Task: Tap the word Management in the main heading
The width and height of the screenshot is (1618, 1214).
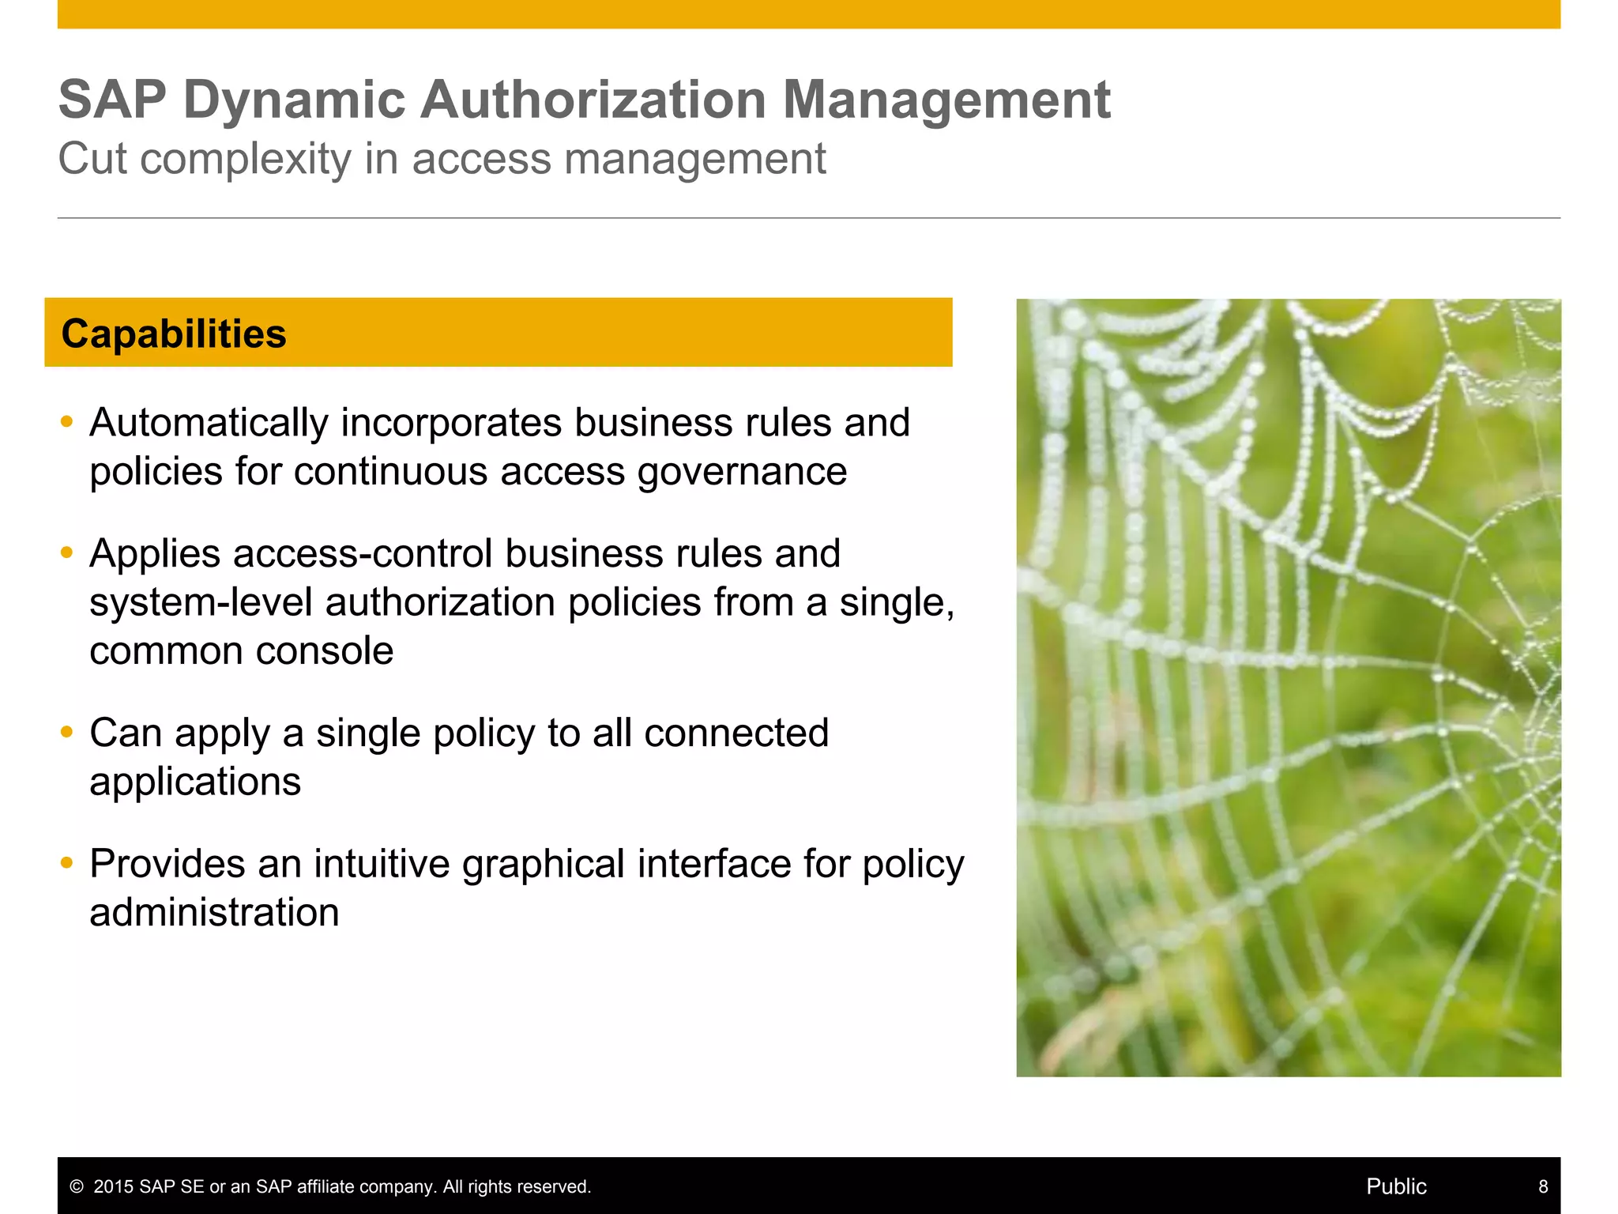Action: click(x=946, y=100)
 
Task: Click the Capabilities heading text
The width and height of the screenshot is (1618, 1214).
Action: click(x=174, y=334)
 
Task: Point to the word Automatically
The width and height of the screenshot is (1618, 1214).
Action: click(x=209, y=423)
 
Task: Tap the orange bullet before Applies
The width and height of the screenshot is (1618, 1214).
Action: click(x=67, y=552)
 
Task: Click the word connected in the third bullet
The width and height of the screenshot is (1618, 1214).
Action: click(x=736, y=733)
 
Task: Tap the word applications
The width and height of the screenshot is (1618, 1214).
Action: click(x=195, y=782)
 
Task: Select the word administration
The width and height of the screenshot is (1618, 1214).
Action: click(x=214, y=913)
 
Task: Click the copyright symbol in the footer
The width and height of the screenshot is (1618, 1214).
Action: click(x=77, y=1186)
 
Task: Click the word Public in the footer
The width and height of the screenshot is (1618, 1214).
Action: click(x=1396, y=1186)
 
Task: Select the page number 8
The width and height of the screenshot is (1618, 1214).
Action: click(x=1543, y=1186)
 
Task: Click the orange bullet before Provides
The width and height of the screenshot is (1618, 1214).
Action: click(x=67, y=862)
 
